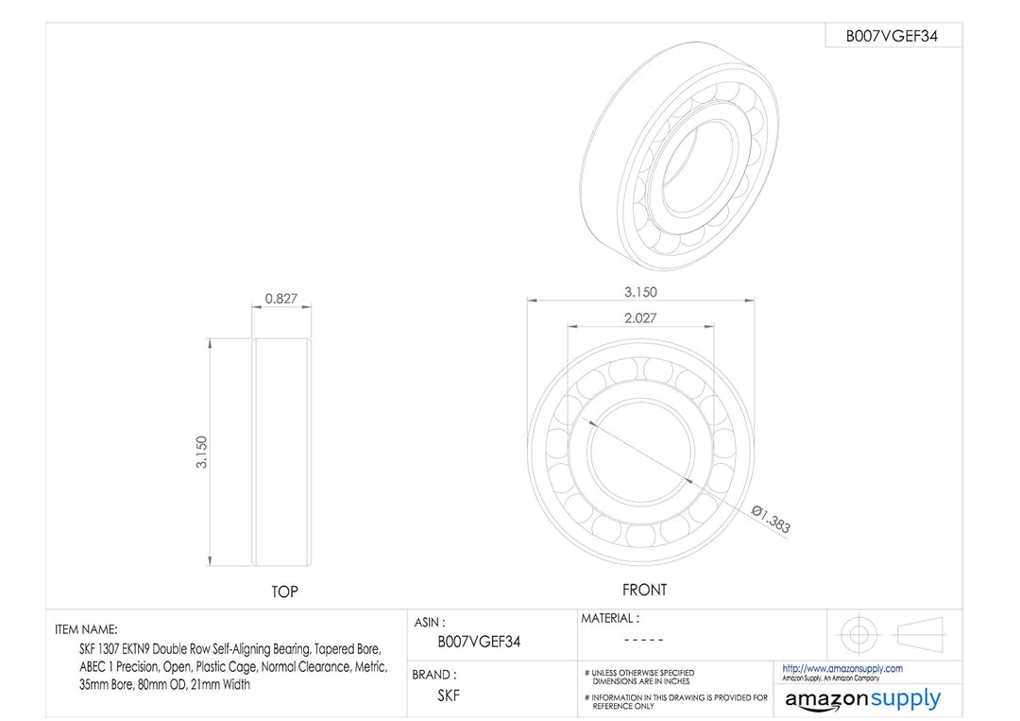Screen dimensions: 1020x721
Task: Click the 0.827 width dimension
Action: click(x=281, y=299)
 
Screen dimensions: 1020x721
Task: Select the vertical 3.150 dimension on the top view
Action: click(x=202, y=453)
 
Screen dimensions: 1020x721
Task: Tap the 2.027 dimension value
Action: click(x=640, y=318)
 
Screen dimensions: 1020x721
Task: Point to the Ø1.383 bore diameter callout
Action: click(x=771, y=520)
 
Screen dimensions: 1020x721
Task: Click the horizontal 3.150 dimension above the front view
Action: click(x=640, y=292)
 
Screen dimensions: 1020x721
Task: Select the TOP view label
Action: click(x=284, y=592)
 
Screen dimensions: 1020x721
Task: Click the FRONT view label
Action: click(x=645, y=590)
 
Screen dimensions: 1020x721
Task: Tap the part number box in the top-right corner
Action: click(x=893, y=36)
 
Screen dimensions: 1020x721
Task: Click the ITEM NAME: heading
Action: click(x=86, y=629)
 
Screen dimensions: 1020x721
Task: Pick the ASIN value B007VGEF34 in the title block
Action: click(x=479, y=642)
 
